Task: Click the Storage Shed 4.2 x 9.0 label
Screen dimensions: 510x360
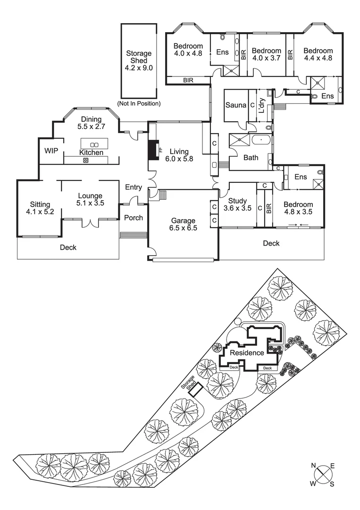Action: point(138,60)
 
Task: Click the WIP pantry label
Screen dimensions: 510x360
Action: point(51,151)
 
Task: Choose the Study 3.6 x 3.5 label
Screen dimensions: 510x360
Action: point(237,204)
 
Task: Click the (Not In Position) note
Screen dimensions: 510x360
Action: point(138,103)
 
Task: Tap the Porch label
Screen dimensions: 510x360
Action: point(133,218)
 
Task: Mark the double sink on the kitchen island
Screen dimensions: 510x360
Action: point(93,144)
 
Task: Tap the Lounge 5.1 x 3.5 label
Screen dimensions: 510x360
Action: point(91,199)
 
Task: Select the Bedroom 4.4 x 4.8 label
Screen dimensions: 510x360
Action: point(318,54)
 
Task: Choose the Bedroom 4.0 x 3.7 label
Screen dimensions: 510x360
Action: point(266,54)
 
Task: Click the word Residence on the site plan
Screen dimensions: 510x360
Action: point(247,353)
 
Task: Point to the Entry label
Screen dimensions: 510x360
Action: point(134,187)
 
